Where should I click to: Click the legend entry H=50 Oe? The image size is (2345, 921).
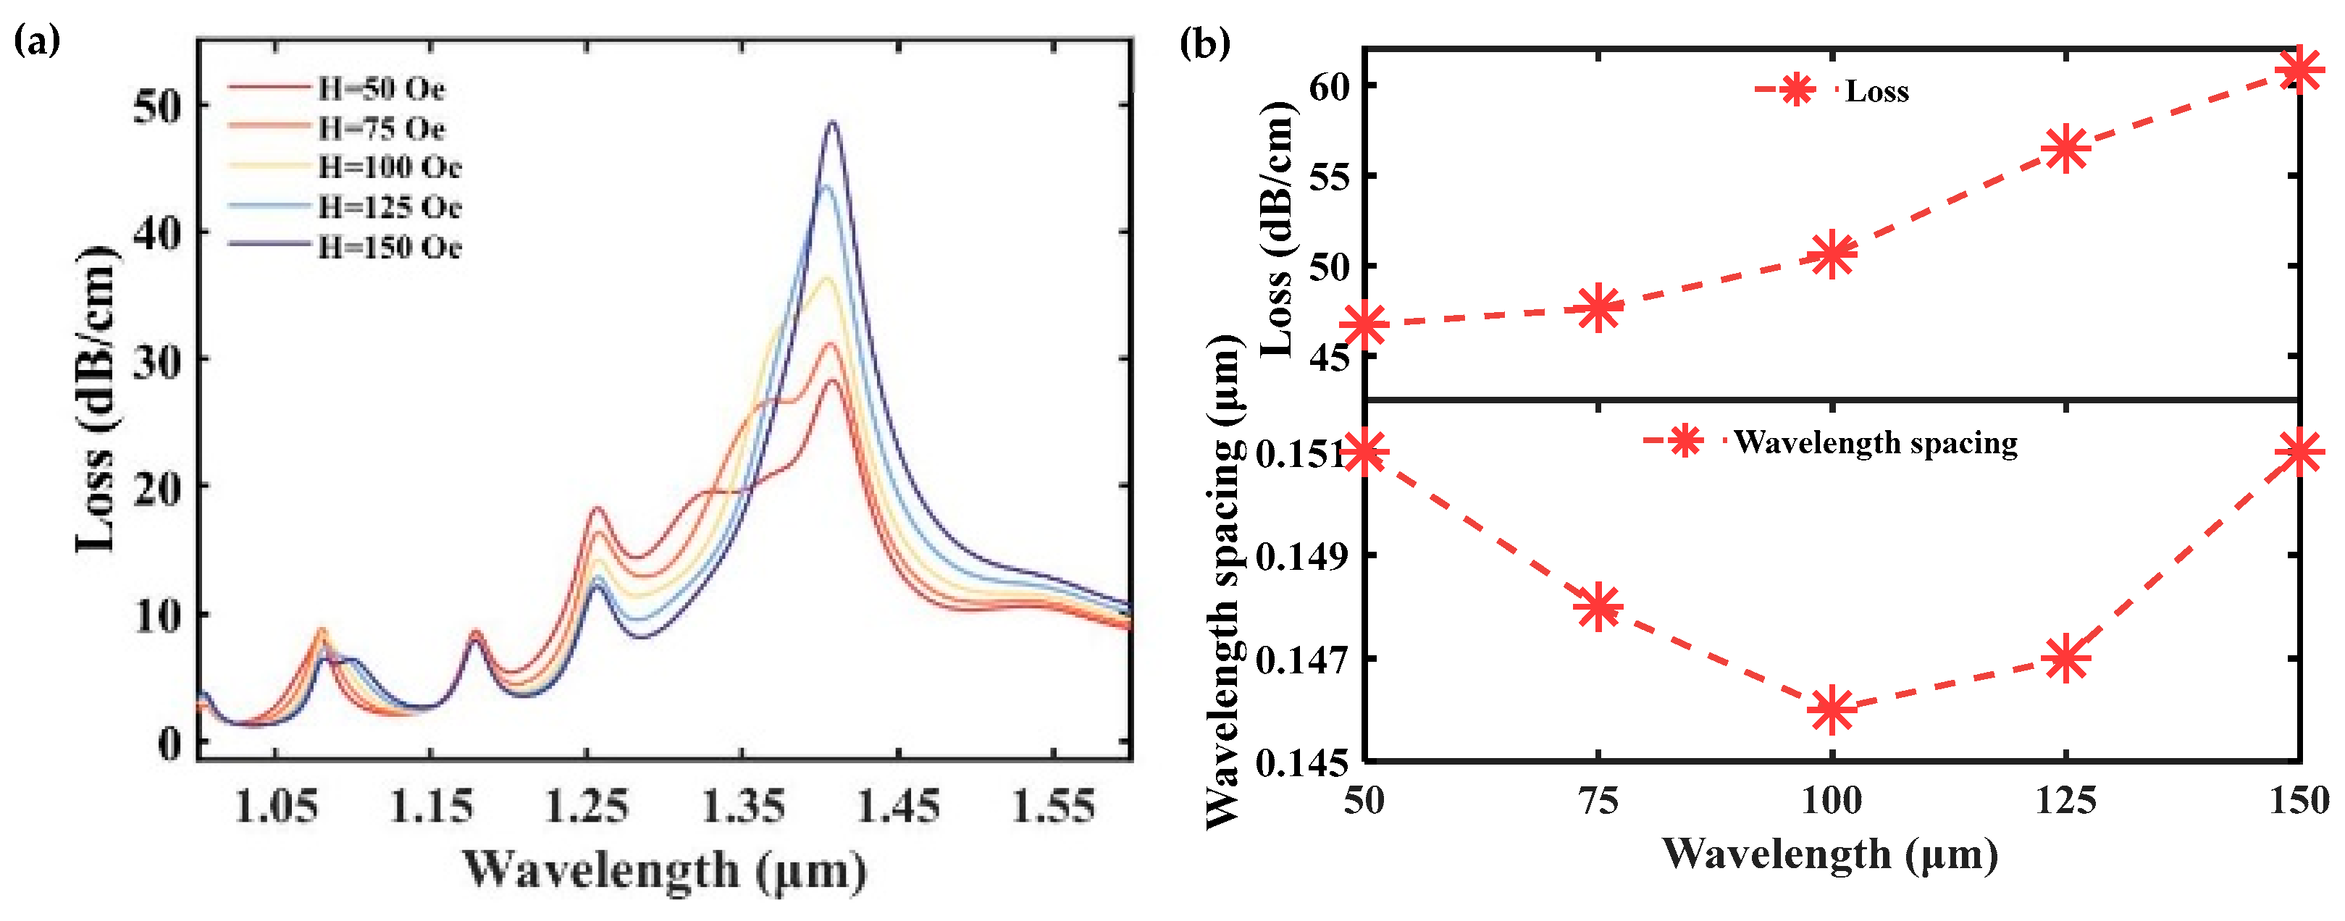(380, 88)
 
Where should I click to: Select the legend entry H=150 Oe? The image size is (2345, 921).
(389, 247)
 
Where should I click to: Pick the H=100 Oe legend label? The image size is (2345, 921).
(389, 167)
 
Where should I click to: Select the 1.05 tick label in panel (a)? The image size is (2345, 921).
(276, 805)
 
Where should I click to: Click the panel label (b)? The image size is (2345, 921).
(1204, 43)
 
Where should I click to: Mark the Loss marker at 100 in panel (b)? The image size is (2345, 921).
(1832, 255)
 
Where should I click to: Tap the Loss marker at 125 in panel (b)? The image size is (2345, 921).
(2065, 149)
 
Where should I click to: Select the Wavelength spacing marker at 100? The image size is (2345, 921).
(1832, 710)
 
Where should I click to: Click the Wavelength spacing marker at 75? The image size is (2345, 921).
(1598, 607)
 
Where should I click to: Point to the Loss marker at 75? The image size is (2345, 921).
(1598, 308)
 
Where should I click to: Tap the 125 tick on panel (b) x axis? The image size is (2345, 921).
(2065, 801)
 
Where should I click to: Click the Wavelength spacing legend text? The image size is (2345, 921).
(1875, 442)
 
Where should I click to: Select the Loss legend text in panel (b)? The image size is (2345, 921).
(1876, 91)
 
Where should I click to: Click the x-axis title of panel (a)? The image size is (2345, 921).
(665, 869)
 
